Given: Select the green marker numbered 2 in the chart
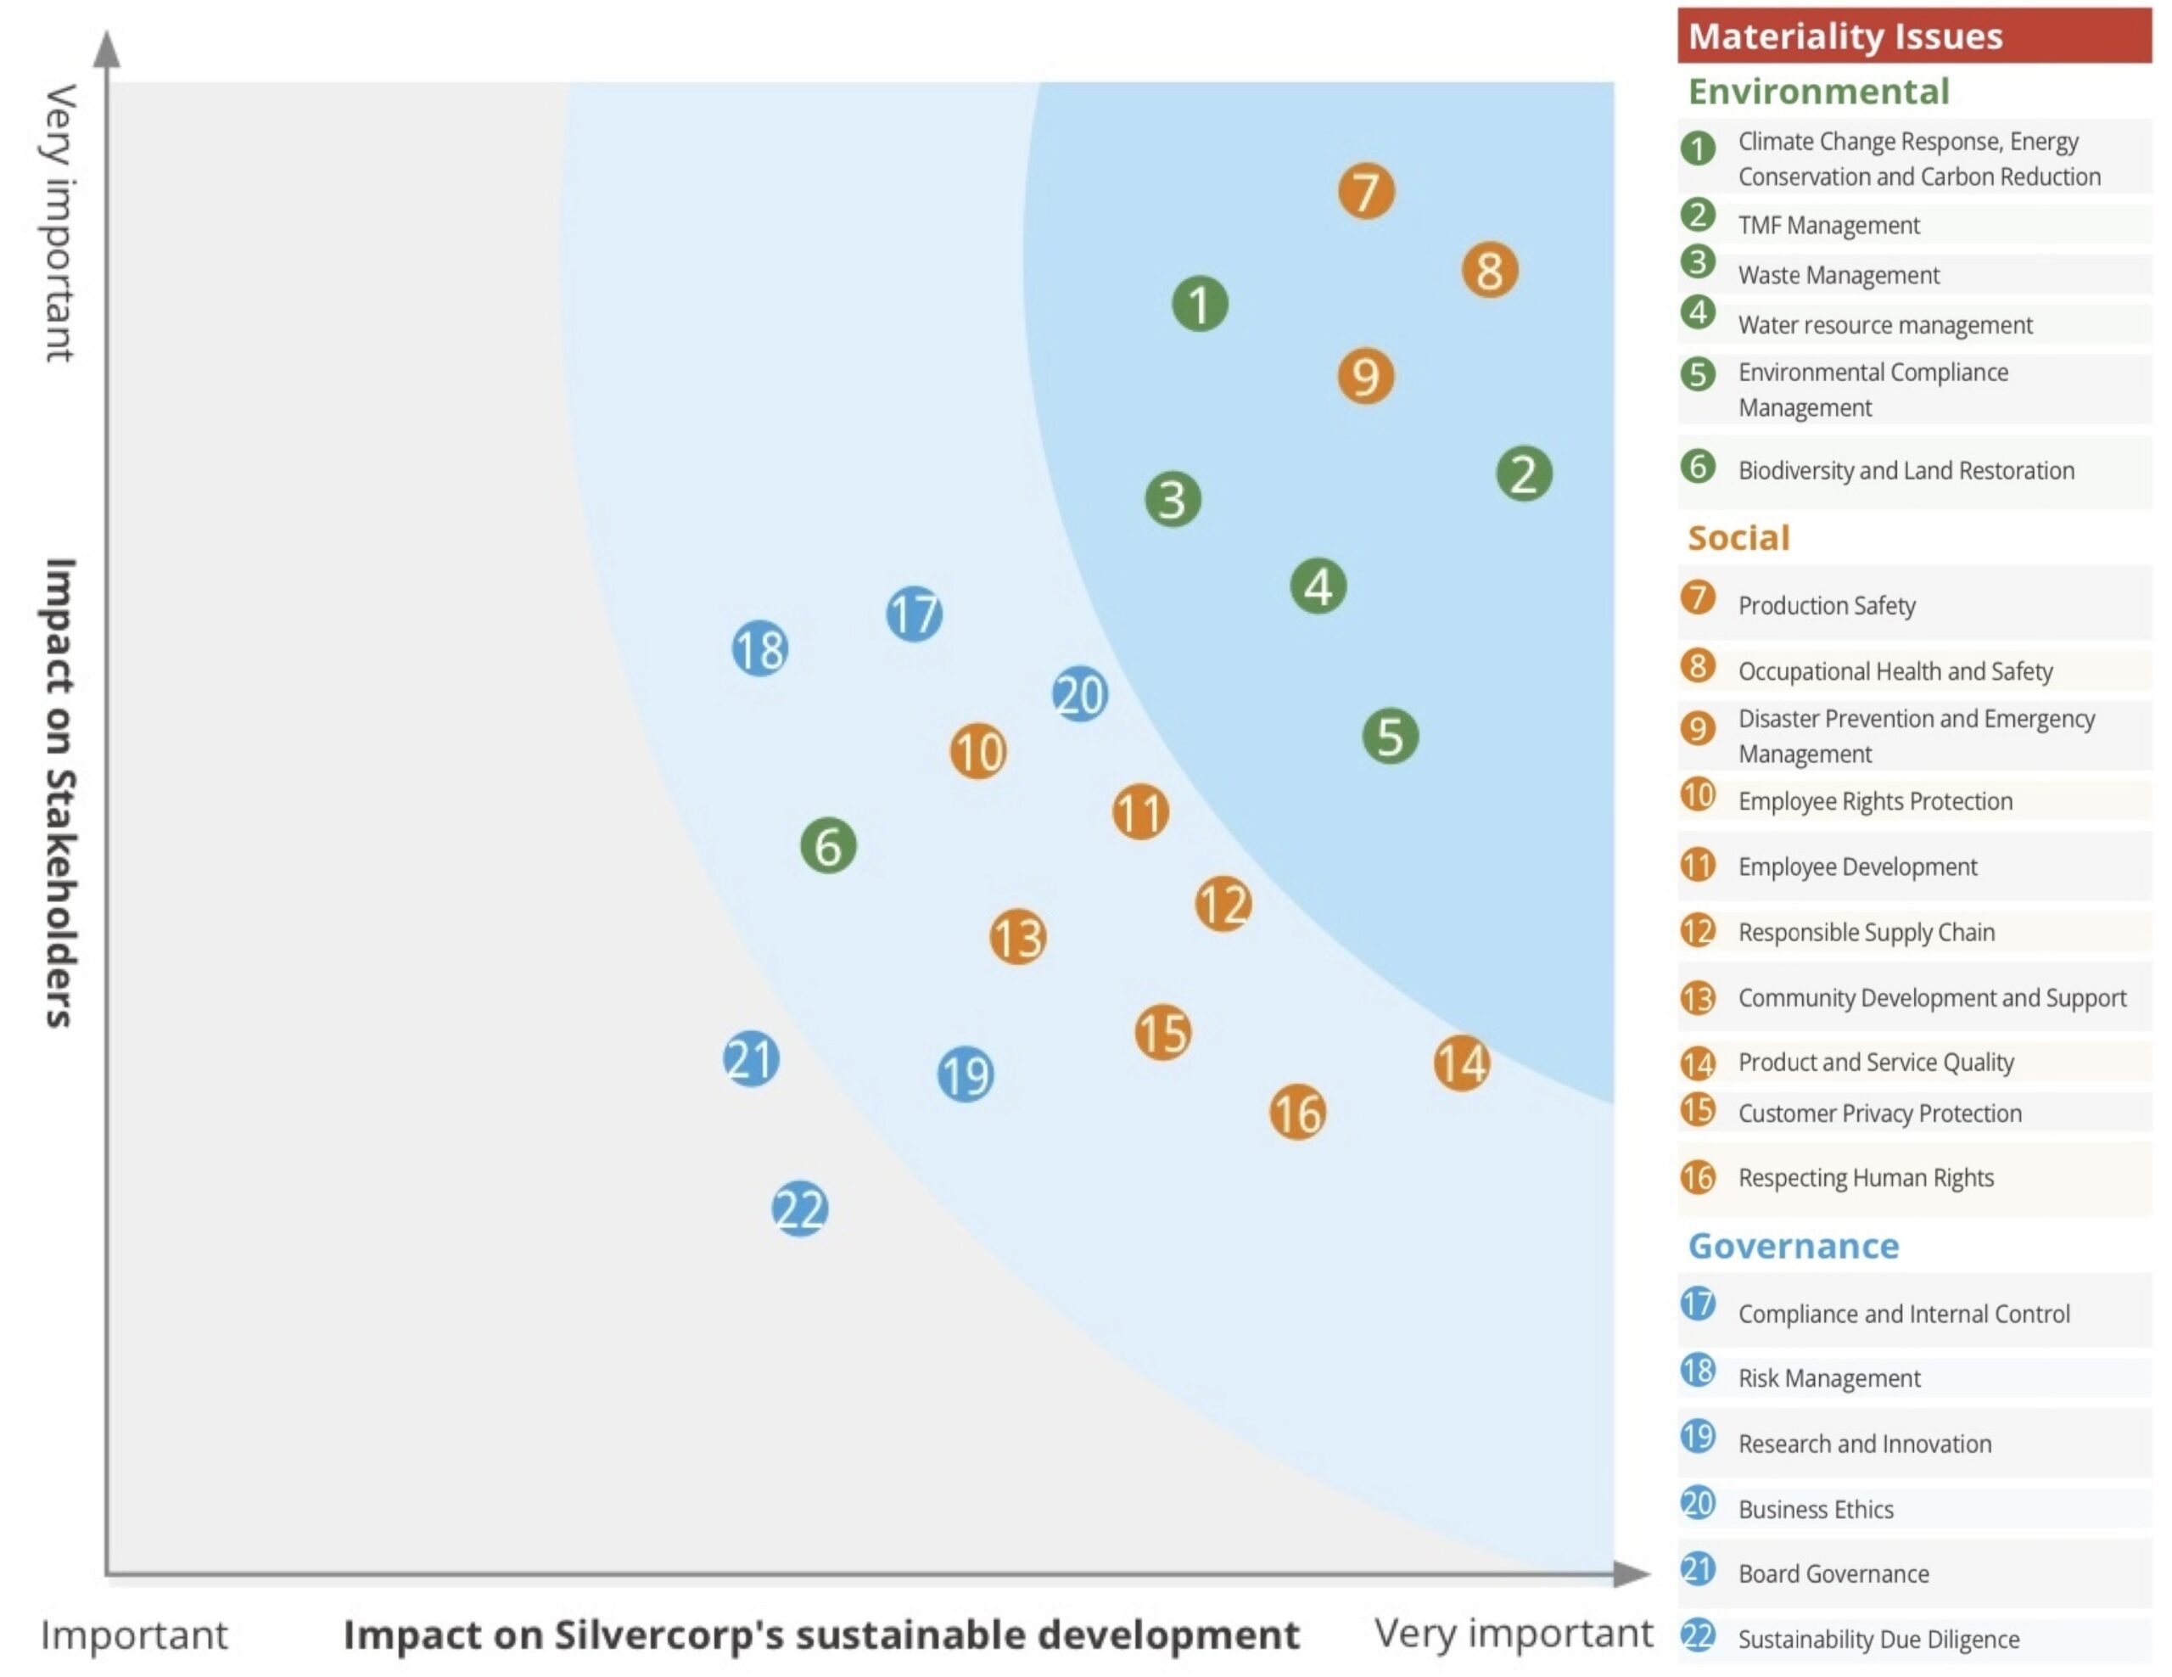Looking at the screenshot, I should tap(1524, 474).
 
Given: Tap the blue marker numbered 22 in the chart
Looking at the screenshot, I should tap(799, 1209).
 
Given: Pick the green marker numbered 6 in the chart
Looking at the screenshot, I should tap(827, 845).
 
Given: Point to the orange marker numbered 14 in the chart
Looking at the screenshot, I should tap(1461, 1063).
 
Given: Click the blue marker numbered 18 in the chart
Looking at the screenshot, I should tap(760, 648).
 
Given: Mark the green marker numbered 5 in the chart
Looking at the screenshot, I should tap(1390, 736).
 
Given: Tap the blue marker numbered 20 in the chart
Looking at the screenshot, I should tap(1080, 693).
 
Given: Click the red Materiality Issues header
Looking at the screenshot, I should tap(1913, 36).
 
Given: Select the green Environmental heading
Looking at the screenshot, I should tap(1818, 92).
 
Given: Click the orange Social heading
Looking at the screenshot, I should tap(1738, 537).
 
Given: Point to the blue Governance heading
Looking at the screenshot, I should tap(1793, 1245).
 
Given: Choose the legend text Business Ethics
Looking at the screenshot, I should tap(1815, 1509).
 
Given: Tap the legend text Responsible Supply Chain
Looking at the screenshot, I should tap(1866, 932).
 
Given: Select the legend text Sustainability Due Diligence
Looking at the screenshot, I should tap(1878, 1638).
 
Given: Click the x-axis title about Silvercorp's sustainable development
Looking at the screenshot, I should tap(820, 1635).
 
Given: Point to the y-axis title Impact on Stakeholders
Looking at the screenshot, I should tap(59, 792).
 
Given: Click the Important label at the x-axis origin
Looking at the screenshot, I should tap(133, 1635).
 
